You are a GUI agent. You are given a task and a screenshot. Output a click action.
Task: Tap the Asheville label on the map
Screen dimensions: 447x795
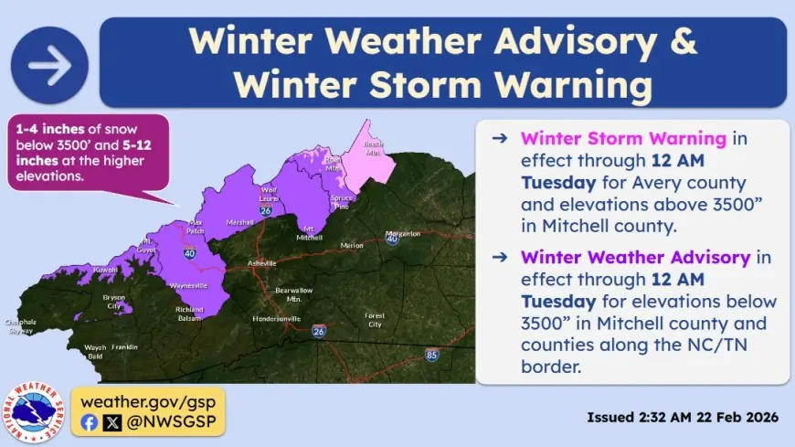(x=261, y=264)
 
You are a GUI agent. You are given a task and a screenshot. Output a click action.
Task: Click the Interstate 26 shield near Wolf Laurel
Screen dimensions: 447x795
(x=265, y=210)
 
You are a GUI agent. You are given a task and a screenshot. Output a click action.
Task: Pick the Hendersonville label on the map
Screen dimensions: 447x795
(x=278, y=319)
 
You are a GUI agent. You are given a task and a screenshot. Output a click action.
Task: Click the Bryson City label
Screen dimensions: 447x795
(x=113, y=302)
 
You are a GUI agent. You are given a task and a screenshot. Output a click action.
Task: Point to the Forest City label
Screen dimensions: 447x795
(x=374, y=320)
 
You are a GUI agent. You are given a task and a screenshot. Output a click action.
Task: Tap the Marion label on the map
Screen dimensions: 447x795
(x=351, y=245)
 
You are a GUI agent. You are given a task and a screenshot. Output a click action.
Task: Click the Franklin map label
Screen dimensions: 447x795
(x=124, y=347)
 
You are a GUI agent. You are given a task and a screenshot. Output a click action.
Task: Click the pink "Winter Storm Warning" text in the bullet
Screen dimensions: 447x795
(x=623, y=140)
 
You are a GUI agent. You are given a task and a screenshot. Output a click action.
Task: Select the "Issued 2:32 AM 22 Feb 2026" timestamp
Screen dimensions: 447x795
(x=682, y=417)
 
